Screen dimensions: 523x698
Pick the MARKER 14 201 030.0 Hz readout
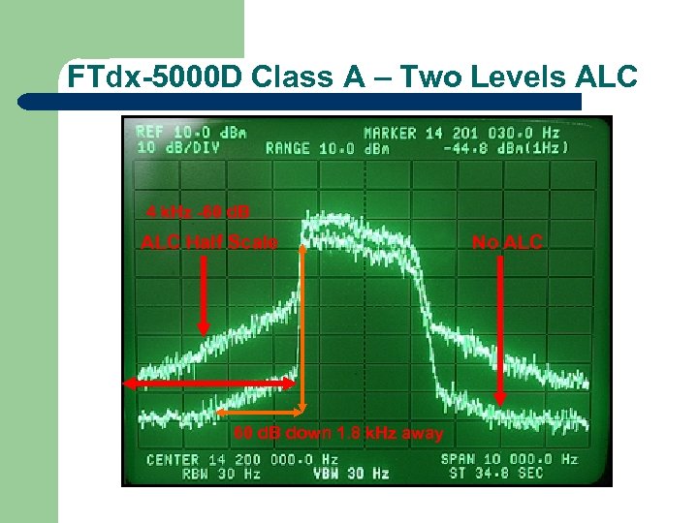click(461, 133)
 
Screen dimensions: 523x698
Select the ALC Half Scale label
click(209, 242)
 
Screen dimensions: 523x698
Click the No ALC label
click(508, 242)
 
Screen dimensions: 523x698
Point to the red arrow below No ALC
click(499, 329)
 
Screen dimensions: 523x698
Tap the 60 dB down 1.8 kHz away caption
click(338, 433)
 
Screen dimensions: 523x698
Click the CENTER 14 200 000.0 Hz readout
click(241, 459)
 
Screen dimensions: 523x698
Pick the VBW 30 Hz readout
click(350, 474)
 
